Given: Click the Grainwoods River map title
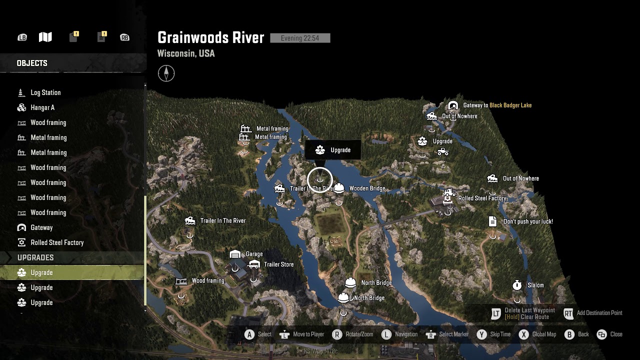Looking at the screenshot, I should [x=210, y=37].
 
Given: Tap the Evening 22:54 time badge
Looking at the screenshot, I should [x=300, y=38].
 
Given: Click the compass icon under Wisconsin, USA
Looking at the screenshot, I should [x=166, y=73].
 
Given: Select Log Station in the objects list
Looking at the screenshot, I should [x=45, y=92].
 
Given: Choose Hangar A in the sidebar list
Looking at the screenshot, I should [x=42, y=107].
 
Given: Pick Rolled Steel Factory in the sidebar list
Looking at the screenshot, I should [x=57, y=242].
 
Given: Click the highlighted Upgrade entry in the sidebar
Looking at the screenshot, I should [x=41, y=272].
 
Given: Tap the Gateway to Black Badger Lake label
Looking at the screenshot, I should [x=497, y=105].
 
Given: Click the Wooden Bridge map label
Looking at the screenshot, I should [x=367, y=188].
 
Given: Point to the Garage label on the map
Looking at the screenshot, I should [x=254, y=254].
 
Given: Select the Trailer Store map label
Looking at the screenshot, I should [x=278, y=264].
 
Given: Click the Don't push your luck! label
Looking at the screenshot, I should [x=528, y=221].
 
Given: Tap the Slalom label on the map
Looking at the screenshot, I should [x=535, y=285].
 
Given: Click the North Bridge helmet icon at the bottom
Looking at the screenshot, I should [x=343, y=298].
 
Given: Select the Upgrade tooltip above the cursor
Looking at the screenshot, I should [x=332, y=150].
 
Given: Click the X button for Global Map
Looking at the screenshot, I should [x=523, y=334].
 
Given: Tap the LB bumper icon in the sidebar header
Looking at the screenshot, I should [x=22, y=37].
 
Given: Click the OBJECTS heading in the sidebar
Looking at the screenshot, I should [x=32, y=63].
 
